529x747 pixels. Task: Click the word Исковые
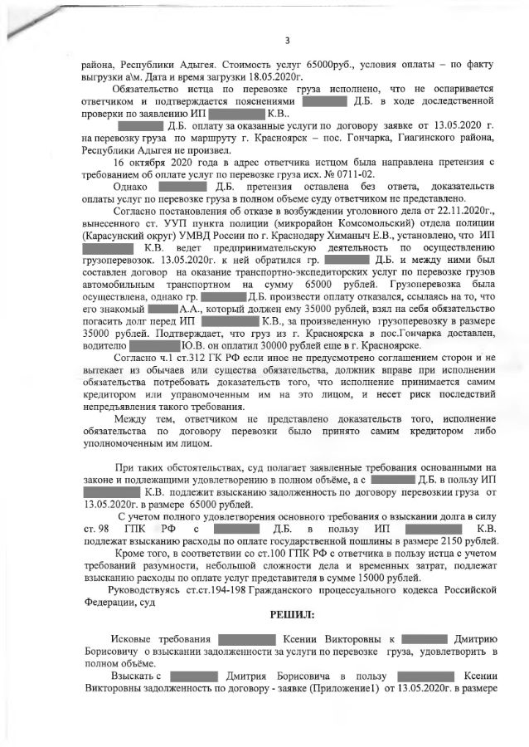click(133, 640)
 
